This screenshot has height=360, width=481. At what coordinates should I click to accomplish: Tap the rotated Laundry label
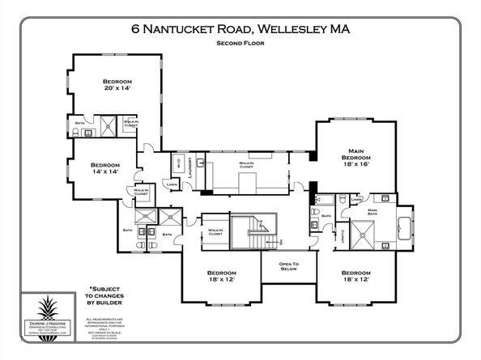point(188,171)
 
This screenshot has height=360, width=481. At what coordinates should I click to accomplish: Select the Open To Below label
point(289,268)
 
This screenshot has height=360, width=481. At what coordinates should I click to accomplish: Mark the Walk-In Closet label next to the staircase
point(215,232)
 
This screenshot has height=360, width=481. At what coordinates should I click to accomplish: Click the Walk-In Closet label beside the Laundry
point(247,164)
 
